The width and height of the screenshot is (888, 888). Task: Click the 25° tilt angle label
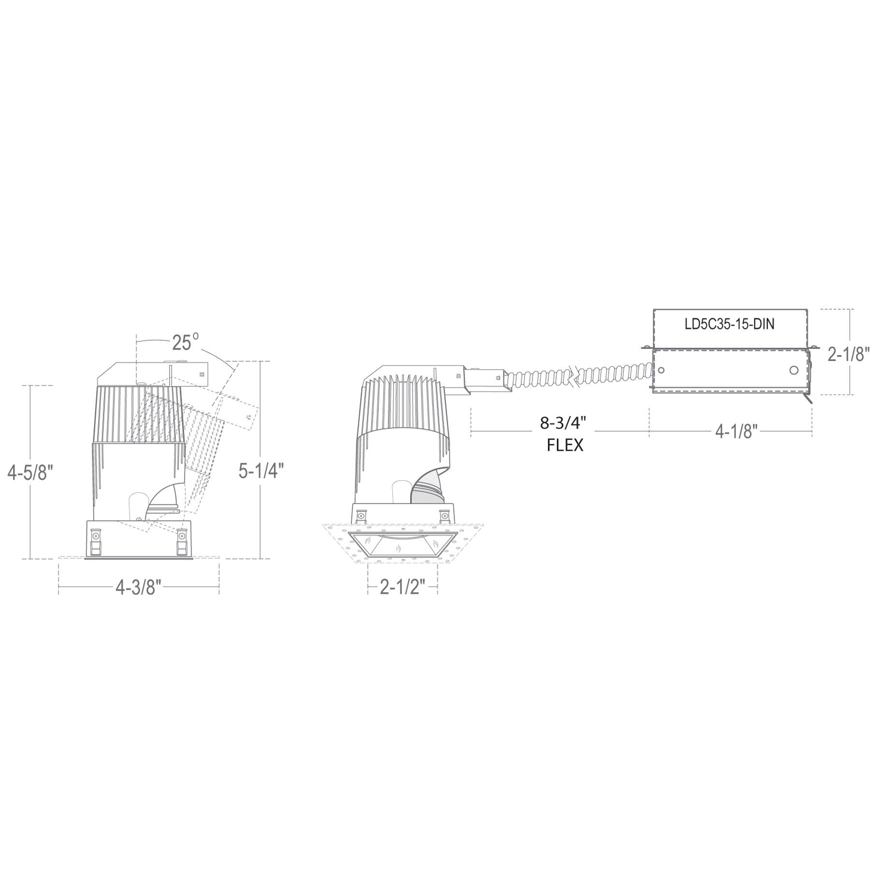[x=186, y=342]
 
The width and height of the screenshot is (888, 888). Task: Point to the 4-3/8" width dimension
[x=138, y=587]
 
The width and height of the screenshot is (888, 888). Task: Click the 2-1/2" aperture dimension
[x=402, y=587]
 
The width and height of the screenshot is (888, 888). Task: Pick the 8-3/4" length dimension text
[x=563, y=424]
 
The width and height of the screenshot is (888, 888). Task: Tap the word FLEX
[x=565, y=445]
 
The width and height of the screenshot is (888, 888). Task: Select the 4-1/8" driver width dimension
[x=735, y=431]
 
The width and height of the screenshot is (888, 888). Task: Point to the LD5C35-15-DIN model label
[x=730, y=324]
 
